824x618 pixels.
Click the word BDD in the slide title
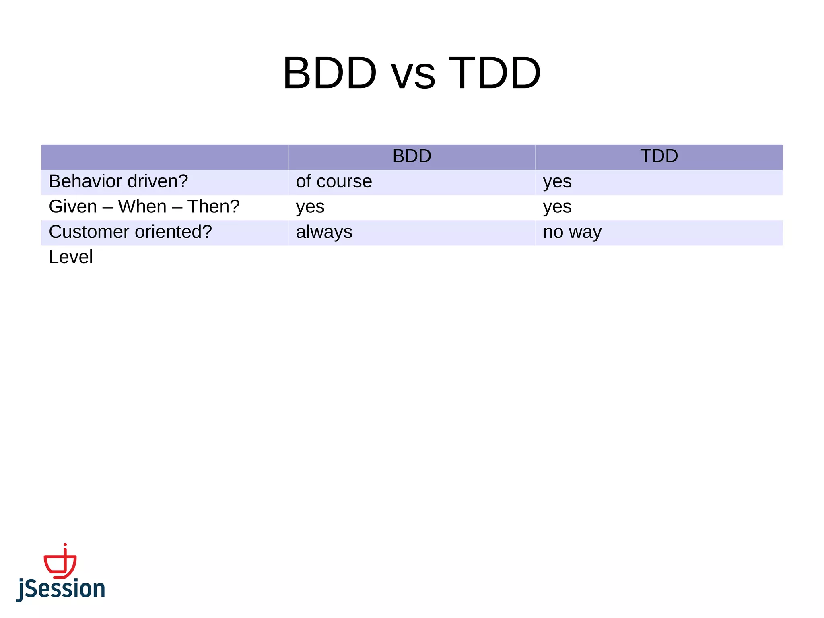coord(330,73)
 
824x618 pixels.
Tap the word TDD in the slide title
coord(495,73)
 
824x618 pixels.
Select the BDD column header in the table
coord(412,156)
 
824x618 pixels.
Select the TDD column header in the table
coord(659,156)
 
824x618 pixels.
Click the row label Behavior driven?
coord(118,181)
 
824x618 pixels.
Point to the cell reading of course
coord(334,181)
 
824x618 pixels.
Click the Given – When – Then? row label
coord(144,207)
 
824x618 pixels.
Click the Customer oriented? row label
coord(130,232)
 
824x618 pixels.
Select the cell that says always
coord(324,233)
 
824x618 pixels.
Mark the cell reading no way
coord(572,233)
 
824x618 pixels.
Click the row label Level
coord(71,257)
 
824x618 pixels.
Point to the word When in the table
coord(142,207)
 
